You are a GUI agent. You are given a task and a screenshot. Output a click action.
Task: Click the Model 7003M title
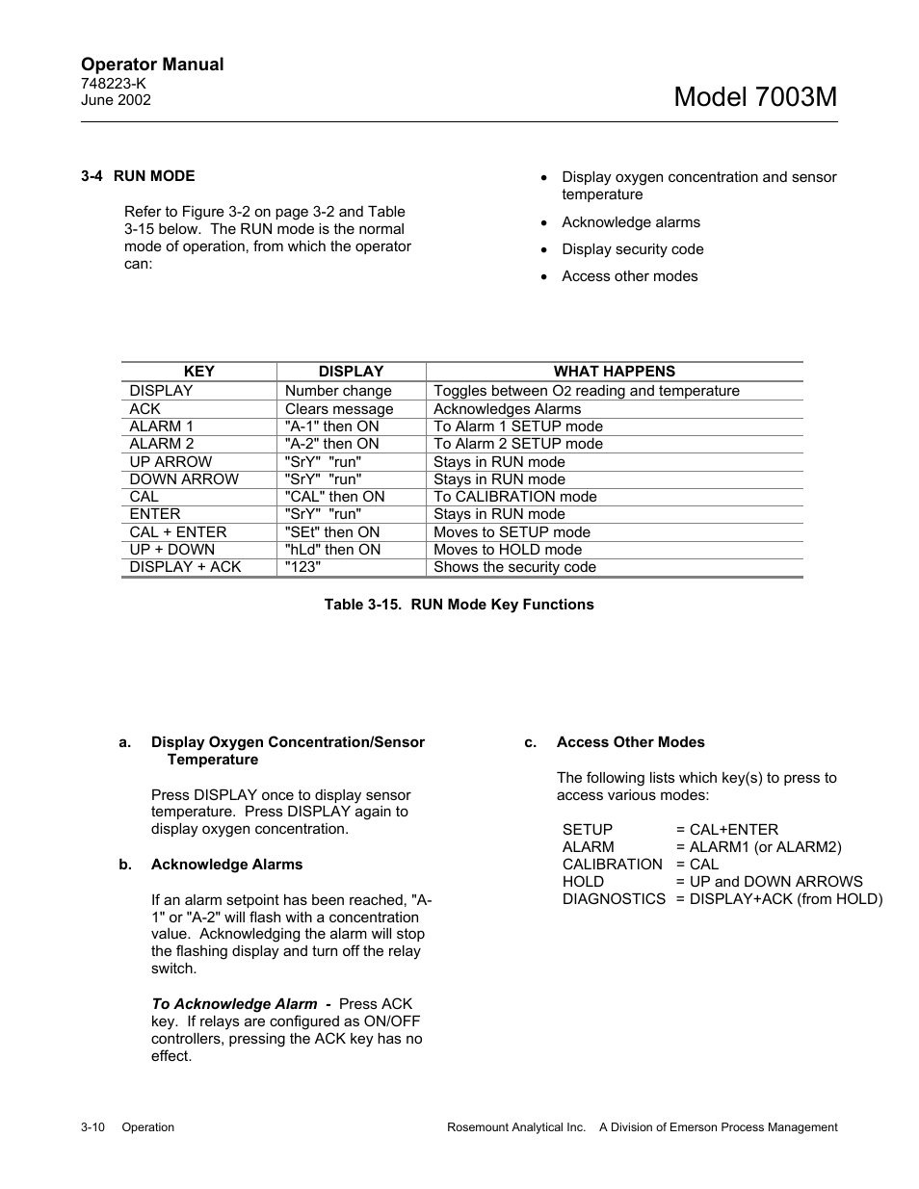(755, 96)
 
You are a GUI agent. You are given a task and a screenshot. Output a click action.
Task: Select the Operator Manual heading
(152, 65)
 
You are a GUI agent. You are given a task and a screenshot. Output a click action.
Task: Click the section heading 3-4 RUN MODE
(138, 176)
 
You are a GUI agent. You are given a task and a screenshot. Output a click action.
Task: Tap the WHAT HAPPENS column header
(614, 372)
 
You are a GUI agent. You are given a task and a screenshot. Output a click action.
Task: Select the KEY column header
(198, 372)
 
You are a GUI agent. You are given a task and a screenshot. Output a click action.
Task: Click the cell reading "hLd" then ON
(332, 550)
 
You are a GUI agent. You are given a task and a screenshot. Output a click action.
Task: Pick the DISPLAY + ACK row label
(185, 567)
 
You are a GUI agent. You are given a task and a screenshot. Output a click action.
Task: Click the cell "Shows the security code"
(514, 567)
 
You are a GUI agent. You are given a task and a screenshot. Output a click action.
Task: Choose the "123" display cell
(302, 567)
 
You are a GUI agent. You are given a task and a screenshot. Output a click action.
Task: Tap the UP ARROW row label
(171, 462)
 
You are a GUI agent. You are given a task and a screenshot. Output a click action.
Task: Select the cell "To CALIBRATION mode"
(514, 497)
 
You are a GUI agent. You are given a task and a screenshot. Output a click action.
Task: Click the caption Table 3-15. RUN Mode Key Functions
(459, 605)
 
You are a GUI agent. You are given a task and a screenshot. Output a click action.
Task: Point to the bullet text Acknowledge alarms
(631, 222)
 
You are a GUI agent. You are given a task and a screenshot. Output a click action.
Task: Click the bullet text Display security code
(632, 249)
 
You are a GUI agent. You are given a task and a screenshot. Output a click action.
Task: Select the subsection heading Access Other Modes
(630, 742)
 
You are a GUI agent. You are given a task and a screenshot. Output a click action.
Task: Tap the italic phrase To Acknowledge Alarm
(234, 1004)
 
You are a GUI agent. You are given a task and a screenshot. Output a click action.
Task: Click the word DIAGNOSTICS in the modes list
(614, 899)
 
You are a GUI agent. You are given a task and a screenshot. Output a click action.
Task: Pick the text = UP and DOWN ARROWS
(769, 882)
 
